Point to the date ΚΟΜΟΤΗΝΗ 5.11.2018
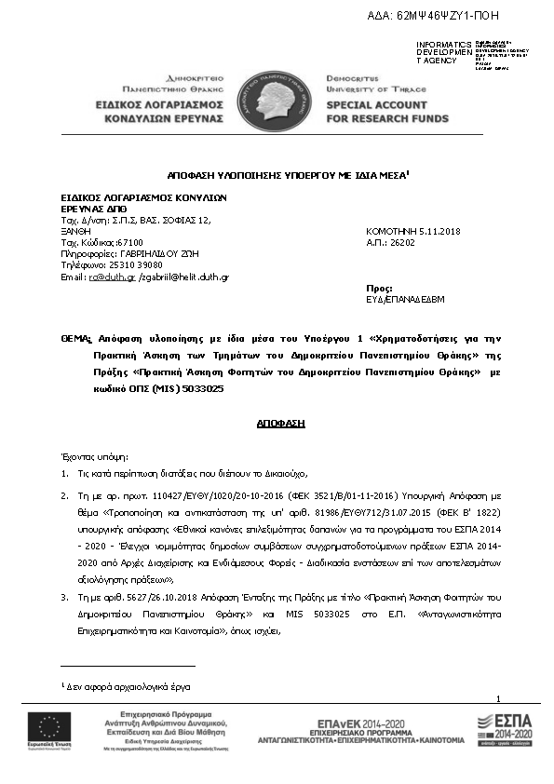click(412, 230)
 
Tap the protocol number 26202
click(403, 241)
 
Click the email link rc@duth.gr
click(98, 277)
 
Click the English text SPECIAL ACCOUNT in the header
click(379, 107)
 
